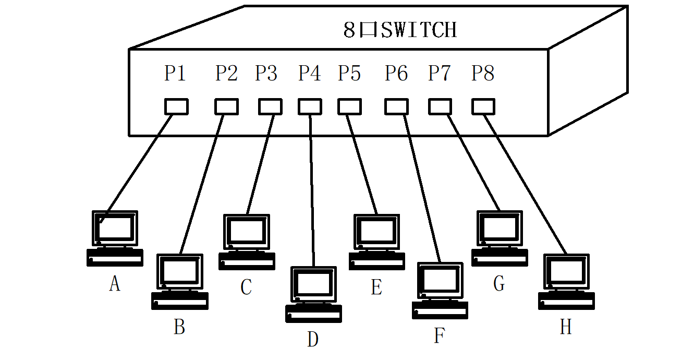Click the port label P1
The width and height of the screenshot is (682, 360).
point(175,74)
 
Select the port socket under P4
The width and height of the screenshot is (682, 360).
point(310,106)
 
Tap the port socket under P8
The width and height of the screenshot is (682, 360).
point(483,106)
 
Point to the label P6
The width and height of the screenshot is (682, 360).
point(396,74)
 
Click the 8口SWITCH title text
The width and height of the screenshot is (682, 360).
point(400,30)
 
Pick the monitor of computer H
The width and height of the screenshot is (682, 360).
point(566,272)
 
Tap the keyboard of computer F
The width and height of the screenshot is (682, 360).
point(440,310)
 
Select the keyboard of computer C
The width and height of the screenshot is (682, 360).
point(247,261)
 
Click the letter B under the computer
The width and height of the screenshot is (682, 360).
point(179,327)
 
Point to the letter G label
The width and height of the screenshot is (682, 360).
point(499,284)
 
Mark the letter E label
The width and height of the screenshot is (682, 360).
point(376,287)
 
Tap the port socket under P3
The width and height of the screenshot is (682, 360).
point(270,106)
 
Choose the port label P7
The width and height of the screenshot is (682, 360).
point(440,74)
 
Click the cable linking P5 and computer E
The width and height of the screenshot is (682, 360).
point(361,162)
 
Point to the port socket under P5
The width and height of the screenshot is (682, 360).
point(349,106)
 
